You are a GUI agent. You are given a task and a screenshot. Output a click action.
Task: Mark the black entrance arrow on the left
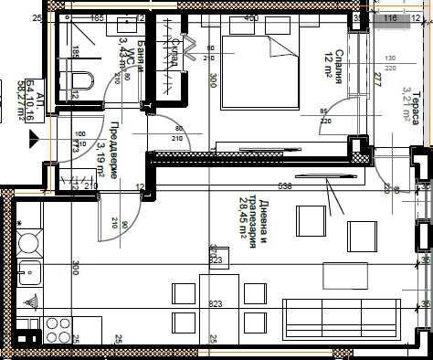point(35,141)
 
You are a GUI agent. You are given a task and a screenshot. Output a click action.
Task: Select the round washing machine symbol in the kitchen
point(28,244)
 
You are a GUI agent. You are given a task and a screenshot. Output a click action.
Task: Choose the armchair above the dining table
point(311,218)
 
